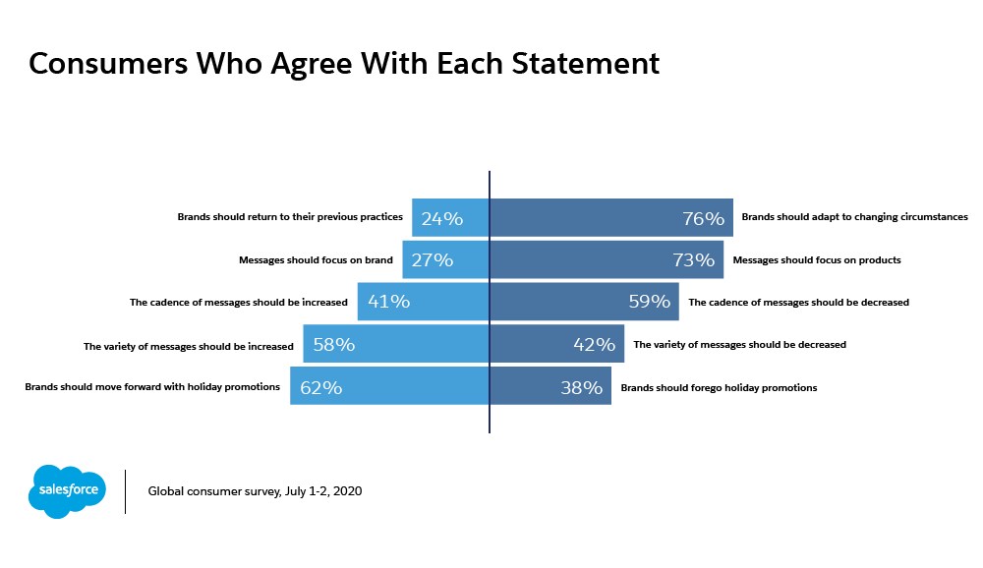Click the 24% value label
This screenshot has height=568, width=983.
441,218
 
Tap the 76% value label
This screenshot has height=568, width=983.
703,218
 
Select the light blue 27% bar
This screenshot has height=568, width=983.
445,260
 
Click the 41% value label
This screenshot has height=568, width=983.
388,303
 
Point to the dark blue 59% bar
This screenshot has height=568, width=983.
584,303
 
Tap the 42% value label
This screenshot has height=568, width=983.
594,345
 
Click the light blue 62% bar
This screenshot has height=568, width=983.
389,387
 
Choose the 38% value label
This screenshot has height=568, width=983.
581,387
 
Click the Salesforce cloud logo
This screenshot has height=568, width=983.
67,489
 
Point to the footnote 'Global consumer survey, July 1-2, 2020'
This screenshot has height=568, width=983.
255,490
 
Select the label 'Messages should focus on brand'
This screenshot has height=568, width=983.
316,260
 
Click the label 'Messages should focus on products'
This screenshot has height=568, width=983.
817,260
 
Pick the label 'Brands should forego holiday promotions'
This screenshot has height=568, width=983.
719,387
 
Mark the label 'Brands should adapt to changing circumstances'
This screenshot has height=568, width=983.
854,217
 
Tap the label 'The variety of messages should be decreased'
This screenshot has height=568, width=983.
739,345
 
